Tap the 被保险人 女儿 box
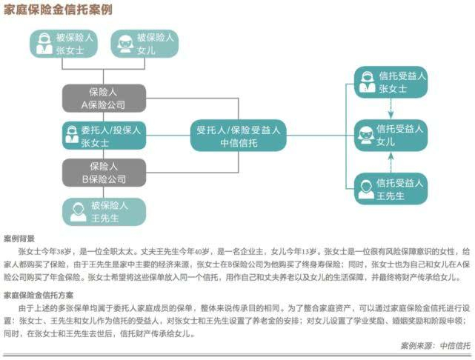(144, 44)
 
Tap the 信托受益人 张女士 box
(389, 81)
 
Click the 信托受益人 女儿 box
(389, 134)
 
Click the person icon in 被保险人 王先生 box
(78, 212)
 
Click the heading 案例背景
(19, 239)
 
